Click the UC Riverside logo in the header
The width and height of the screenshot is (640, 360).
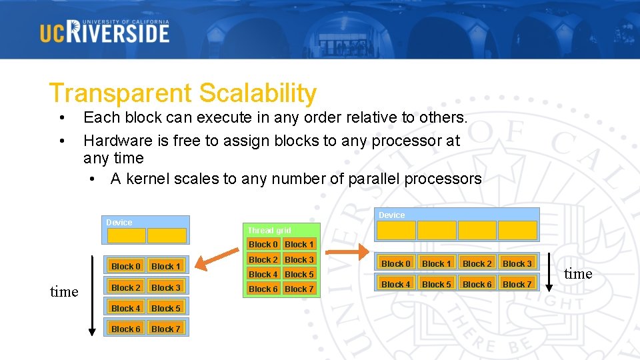pos(105,31)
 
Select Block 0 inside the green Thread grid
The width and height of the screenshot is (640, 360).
pos(263,245)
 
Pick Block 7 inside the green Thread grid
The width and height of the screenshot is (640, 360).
pos(299,289)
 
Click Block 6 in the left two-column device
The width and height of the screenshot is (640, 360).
pos(126,329)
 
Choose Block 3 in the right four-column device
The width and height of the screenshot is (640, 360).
pos(517,264)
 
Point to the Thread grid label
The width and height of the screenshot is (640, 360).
pos(269,230)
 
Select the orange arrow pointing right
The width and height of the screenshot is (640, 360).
pos(345,251)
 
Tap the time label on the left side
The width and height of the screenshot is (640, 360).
pos(64,291)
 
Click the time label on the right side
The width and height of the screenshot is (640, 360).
pos(578,274)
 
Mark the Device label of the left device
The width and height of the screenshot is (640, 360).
pos(119,222)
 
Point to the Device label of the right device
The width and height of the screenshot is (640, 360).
pos(391,215)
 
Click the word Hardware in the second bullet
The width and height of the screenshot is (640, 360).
pos(117,141)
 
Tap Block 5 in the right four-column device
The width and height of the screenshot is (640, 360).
pos(437,285)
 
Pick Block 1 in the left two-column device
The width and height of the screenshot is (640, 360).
pos(166,267)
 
